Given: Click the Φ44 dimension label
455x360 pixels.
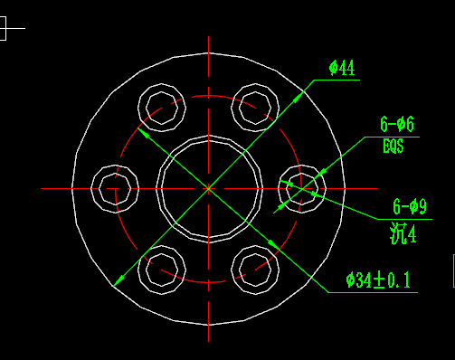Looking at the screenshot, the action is point(342,68).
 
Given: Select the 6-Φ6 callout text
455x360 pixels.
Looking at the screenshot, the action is point(397,124).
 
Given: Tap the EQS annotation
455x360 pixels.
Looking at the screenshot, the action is point(393,146).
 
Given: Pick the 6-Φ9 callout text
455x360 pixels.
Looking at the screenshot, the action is point(410,207).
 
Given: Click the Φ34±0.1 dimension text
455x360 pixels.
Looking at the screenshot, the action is point(378,280).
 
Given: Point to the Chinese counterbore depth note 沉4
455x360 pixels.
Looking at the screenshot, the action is point(403,233).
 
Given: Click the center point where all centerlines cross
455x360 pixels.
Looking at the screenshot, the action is point(208,189).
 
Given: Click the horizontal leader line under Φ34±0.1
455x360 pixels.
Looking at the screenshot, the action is point(373,292).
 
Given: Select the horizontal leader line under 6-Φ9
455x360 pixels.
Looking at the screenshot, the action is point(404,219).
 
